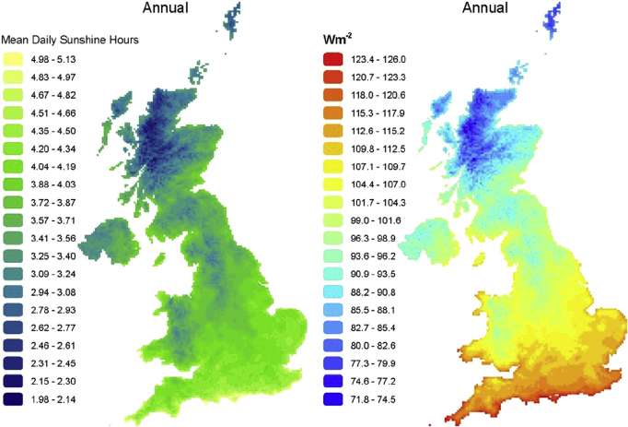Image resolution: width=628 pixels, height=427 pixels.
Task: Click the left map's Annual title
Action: tap(165, 9)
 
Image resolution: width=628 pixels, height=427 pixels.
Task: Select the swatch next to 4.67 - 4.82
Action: tap(14, 92)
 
